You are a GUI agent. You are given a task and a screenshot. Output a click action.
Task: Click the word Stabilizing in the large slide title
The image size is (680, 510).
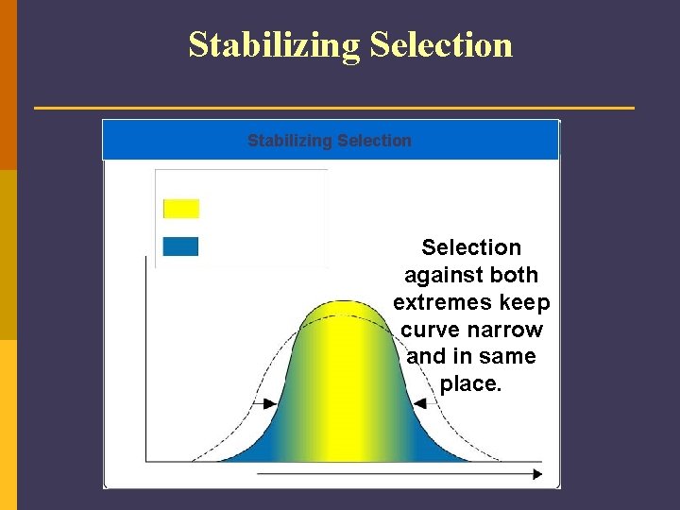[x=274, y=44]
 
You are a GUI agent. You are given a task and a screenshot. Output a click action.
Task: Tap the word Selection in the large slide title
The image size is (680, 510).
[x=441, y=44]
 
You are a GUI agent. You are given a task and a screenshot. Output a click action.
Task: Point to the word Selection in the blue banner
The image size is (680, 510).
[x=374, y=141]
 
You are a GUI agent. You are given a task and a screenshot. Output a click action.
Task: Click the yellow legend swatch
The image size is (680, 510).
[x=181, y=209]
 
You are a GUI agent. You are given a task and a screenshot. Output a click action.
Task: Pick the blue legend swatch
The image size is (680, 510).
[x=180, y=246]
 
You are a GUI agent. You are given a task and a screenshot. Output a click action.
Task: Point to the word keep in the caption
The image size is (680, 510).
[x=525, y=302]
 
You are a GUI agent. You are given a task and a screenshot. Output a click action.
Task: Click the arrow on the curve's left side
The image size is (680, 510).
[x=264, y=403]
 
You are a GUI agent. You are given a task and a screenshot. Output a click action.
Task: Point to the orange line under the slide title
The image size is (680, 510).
[x=334, y=108]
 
